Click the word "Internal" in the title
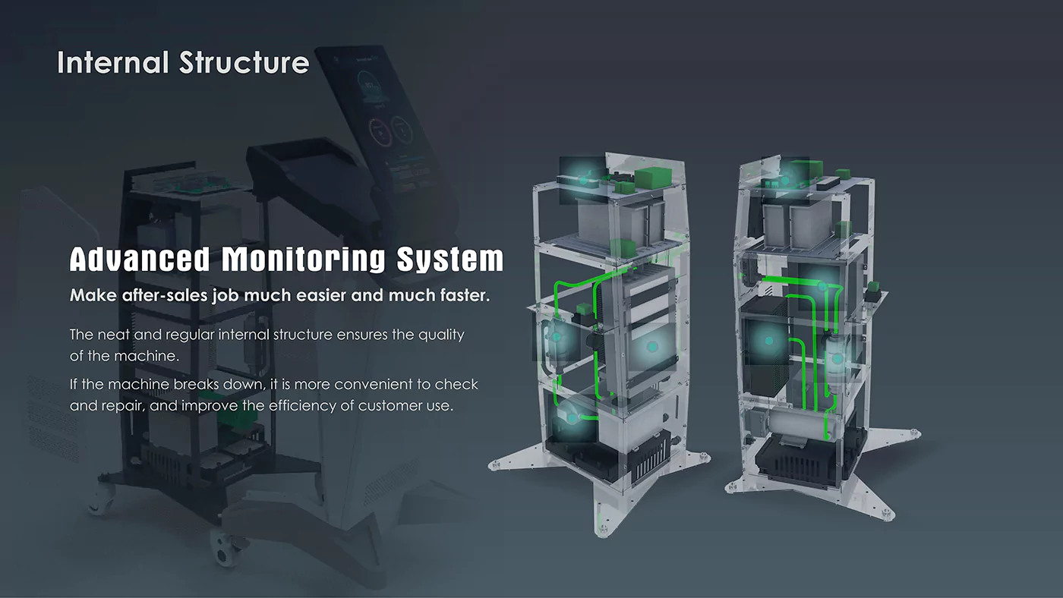[x=112, y=62]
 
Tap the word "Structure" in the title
[x=244, y=62]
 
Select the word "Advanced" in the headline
[x=139, y=260]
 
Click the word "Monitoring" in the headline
[x=303, y=260]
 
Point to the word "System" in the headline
[x=450, y=260]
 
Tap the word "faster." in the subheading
[x=465, y=295]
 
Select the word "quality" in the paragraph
[x=441, y=335]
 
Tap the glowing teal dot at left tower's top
[x=583, y=180]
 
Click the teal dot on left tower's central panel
[x=651, y=347]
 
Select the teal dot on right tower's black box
[x=768, y=341]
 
